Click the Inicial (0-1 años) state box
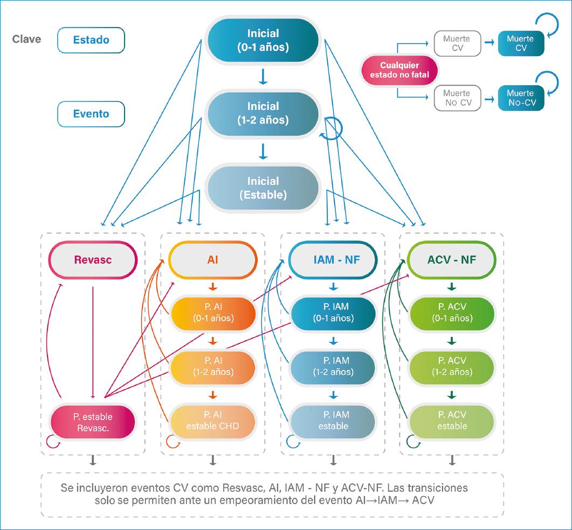[x=263, y=40]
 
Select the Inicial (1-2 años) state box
[x=263, y=113]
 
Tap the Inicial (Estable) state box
[x=263, y=188]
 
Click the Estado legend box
[x=91, y=40]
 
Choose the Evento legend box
[x=91, y=114]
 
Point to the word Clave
[x=26, y=39]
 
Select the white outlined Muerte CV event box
[x=456, y=44]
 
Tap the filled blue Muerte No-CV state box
[x=520, y=98]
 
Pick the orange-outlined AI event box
[x=212, y=260]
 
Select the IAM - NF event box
[x=333, y=260]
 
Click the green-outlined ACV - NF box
[x=452, y=260]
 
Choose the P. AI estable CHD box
[x=212, y=421]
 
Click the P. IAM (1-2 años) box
[x=333, y=367]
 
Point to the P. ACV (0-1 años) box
[x=452, y=312]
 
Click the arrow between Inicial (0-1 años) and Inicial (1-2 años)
[x=263, y=77]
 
